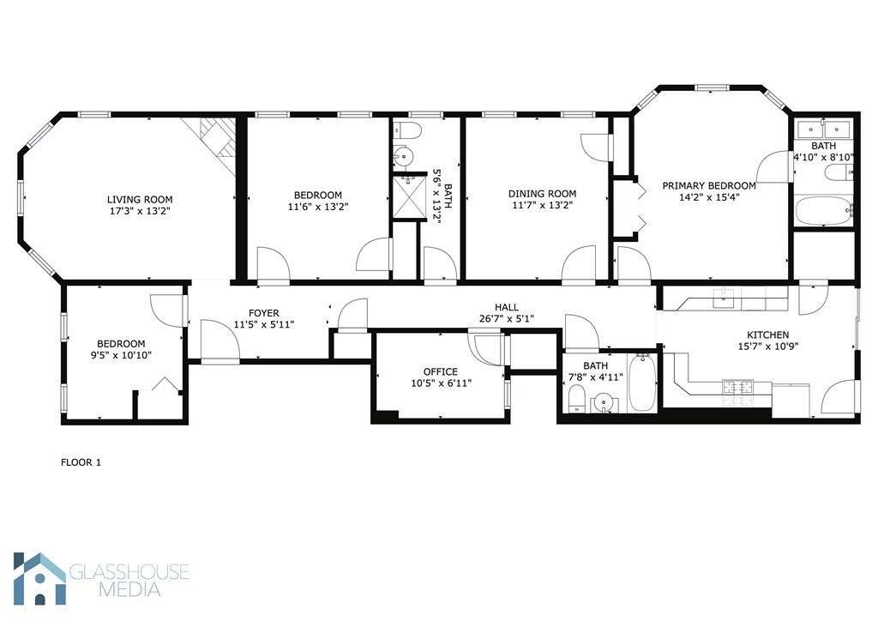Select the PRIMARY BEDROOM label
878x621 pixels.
(x=708, y=185)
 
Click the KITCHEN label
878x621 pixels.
(x=767, y=335)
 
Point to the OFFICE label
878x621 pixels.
(x=440, y=371)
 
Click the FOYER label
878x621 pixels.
(x=263, y=313)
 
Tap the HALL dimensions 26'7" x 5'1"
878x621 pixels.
(x=506, y=320)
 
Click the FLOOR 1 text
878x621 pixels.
(x=81, y=462)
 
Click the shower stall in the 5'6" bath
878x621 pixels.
(x=408, y=197)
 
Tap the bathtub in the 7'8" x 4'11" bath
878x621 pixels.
(x=641, y=383)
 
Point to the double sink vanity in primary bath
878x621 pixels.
(x=823, y=130)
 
